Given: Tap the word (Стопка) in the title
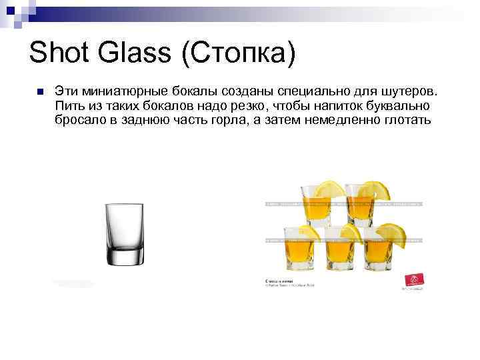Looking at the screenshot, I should pyautogui.click(x=237, y=53).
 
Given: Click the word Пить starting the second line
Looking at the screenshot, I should pyautogui.click(x=69, y=105).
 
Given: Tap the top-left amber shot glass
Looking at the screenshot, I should pyautogui.click(x=316, y=204).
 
